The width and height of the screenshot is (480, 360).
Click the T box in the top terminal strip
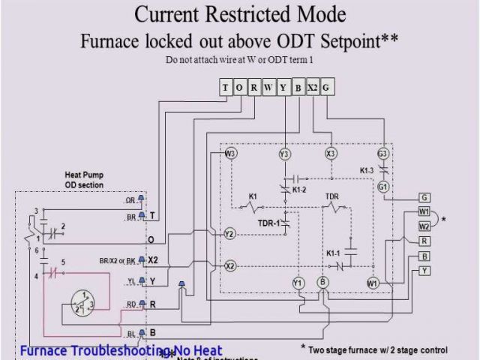pos(226,88)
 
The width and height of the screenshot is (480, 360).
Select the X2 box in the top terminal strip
pos(313,88)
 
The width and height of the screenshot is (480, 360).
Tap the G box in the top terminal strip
pos(327,88)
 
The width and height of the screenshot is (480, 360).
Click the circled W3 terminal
pos(230,154)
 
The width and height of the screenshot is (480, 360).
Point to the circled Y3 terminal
pos(284,154)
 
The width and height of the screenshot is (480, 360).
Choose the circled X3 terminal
pos(331,154)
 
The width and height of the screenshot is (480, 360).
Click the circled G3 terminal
pos(383,154)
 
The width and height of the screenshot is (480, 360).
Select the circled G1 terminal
pos(383,186)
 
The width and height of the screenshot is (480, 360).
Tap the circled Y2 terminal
pos(230,235)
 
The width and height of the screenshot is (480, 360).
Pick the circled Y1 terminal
pos(298,283)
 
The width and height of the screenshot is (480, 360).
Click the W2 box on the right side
pos(424,226)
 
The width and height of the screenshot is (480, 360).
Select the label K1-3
pos(366,171)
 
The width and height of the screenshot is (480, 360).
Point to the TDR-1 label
pos(268,223)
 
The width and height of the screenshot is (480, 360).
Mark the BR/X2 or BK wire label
pos(118,260)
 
